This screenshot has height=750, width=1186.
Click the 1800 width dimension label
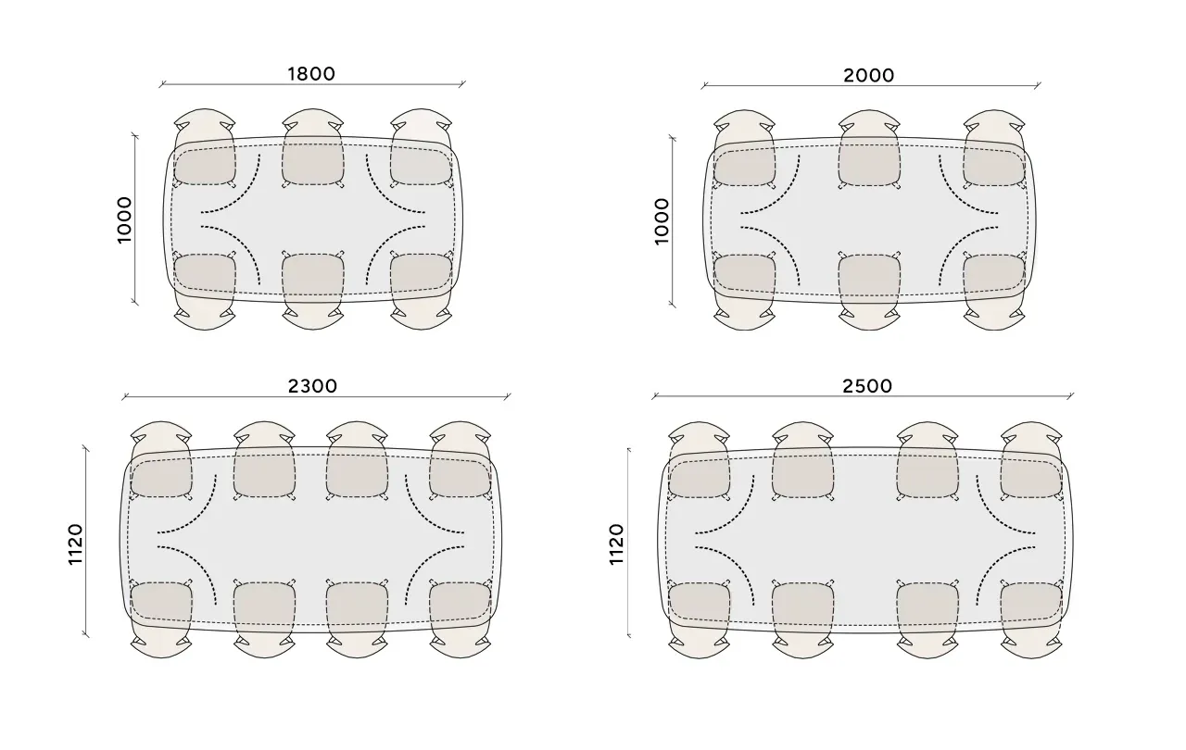(x=311, y=73)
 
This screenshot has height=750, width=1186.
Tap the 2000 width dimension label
(x=869, y=76)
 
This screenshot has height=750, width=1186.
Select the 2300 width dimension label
(x=312, y=386)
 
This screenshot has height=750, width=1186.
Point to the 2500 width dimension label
(x=867, y=386)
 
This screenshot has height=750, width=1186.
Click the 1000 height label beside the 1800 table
(x=124, y=220)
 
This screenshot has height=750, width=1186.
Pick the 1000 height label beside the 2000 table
(x=662, y=221)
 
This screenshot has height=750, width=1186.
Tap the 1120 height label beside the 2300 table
(x=76, y=544)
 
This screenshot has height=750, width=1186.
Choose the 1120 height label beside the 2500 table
(x=617, y=544)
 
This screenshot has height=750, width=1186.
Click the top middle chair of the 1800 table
(x=313, y=147)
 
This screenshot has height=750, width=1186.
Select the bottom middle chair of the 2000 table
(x=869, y=292)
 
